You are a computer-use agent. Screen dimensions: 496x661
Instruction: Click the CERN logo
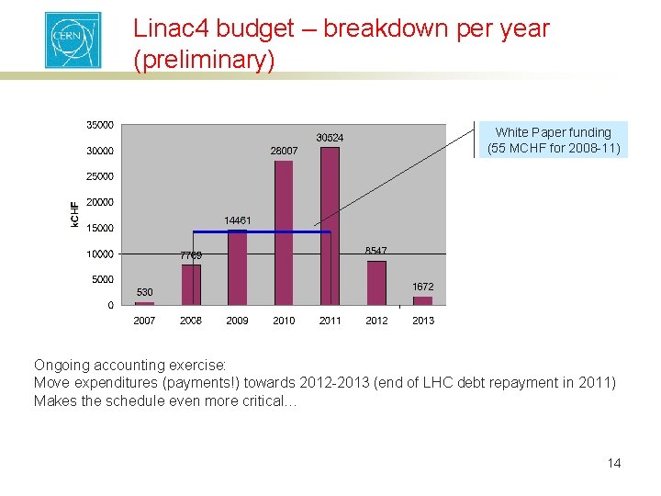(73, 39)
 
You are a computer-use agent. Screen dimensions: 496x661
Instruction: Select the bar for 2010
(284, 232)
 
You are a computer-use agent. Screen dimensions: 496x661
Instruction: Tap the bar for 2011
(330, 225)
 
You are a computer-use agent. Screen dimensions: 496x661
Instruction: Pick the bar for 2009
(237, 267)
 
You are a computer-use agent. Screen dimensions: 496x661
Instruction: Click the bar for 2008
(191, 285)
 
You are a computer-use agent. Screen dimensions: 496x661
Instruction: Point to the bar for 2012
(376, 283)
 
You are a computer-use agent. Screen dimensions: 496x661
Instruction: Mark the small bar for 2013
(422, 300)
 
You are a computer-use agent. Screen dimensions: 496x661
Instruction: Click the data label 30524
(330, 138)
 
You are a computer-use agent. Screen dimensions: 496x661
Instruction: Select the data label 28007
(284, 151)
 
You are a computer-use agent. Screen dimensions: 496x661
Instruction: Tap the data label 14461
(238, 220)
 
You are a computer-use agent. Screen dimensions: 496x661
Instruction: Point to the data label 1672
(422, 287)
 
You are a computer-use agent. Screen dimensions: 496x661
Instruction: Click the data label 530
(145, 292)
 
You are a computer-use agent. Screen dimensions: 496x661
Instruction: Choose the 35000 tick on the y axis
(100, 124)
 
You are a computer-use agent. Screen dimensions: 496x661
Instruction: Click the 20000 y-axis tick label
(100, 202)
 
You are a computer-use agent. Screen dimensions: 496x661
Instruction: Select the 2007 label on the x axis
(144, 321)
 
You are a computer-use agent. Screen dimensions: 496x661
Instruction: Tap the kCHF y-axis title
(74, 214)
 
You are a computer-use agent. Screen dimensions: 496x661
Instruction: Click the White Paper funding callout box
(554, 140)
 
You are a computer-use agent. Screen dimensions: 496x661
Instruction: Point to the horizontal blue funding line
(262, 231)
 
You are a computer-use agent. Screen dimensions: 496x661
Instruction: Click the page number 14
(614, 463)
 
